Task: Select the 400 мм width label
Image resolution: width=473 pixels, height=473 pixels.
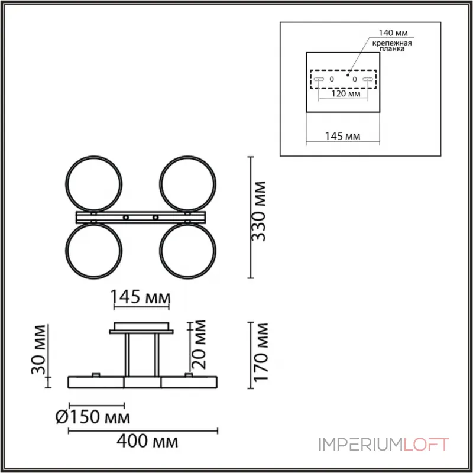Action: point(148,441)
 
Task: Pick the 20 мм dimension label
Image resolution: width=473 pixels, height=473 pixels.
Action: point(199,343)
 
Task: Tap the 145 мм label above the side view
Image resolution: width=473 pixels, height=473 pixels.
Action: point(141,297)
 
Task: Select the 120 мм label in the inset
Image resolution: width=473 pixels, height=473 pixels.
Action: point(346,93)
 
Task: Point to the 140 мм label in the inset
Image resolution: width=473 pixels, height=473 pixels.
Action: point(394,34)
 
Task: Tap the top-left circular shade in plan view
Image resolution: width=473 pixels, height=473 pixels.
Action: point(95,183)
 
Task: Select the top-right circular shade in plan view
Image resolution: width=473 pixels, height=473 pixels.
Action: point(187,183)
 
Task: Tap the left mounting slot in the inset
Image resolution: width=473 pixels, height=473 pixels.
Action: point(318,79)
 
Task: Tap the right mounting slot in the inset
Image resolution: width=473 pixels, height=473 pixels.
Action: point(368,79)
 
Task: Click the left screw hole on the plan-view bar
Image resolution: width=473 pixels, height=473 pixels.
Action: point(125,218)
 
